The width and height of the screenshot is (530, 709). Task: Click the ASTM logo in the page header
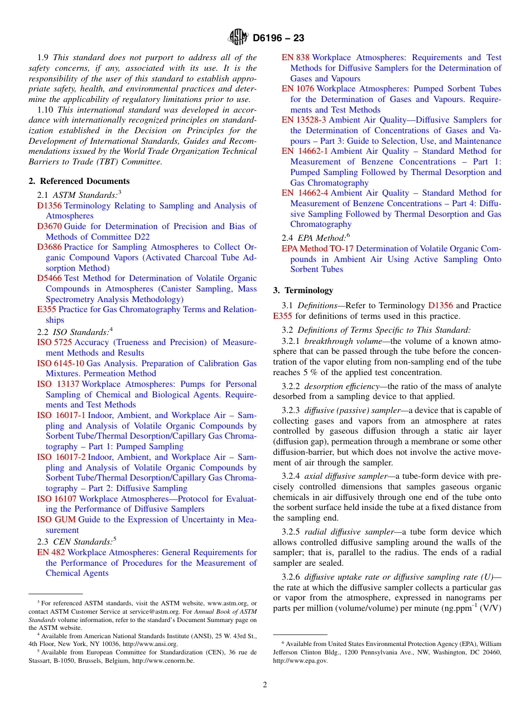click(238, 38)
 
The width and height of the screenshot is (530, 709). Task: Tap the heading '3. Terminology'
click(303, 290)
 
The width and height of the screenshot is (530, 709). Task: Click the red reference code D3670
click(49, 226)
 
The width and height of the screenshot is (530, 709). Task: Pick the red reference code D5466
click(49, 278)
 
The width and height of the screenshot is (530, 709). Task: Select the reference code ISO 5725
click(54, 342)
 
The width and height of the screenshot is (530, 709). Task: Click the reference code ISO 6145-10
click(60, 363)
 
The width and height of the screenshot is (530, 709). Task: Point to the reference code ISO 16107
click(56, 499)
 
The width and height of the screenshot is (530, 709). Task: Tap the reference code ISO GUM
click(56, 519)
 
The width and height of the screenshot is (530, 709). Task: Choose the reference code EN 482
click(51, 552)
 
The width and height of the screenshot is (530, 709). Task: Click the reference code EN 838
click(295, 57)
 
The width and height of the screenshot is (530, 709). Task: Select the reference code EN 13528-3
click(304, 120)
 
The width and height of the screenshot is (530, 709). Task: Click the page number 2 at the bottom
click(265, 685)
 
